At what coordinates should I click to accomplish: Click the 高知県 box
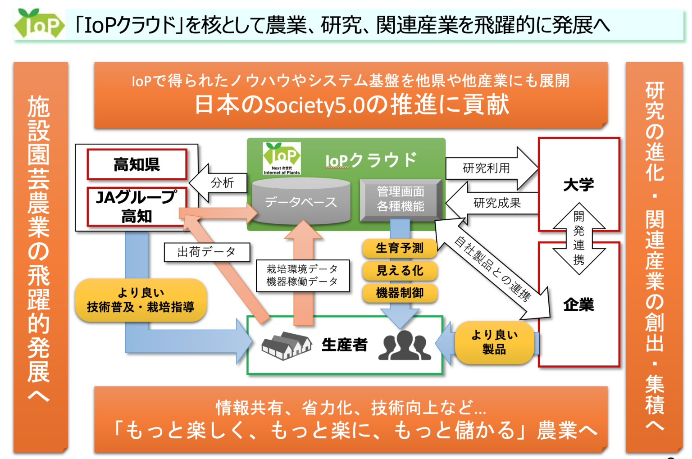click(137, 164)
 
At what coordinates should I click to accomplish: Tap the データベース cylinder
click(301, 201)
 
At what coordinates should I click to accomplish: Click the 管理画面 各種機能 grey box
click(401, 199)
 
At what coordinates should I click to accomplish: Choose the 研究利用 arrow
click(488, 168)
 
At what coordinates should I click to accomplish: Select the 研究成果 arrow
click(496, 203)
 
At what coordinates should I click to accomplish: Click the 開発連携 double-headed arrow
click(578, 238)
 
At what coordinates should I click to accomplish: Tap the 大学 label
click(578, 184)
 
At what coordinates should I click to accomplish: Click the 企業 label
click(578, 305)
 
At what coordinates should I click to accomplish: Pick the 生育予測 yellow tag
click(400, 248)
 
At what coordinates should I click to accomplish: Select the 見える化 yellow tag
click(400, 270)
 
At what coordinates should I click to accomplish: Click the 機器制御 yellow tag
click(400, 293)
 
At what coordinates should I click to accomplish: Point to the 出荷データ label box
click(207, 252)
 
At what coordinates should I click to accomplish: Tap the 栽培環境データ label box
click(302, 275)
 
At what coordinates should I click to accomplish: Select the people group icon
click(405, 345)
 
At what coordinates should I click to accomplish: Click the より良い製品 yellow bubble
click(494, 342)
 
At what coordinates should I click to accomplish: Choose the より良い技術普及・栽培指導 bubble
click(141, 300)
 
